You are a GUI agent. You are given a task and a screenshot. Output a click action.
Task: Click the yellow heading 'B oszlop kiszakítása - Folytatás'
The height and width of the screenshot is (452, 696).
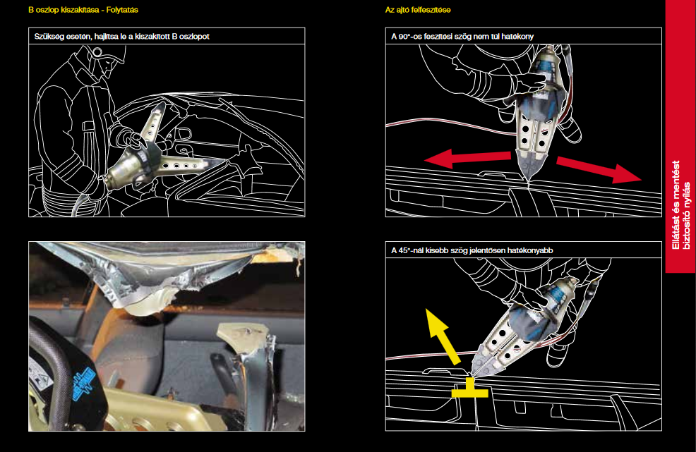[x=83, y=10]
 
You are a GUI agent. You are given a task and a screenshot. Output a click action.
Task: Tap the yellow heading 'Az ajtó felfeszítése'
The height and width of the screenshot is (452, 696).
[x=418, y=10]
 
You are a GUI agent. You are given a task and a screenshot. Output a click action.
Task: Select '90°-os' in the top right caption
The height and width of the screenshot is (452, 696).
[x=409, y=37]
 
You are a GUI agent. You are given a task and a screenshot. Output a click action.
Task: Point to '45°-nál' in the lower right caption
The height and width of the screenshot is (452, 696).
[x=411, y=250]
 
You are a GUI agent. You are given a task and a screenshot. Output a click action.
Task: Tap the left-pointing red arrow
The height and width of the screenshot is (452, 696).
[x=467, y=158]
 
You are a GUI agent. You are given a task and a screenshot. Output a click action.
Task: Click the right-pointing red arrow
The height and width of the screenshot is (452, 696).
[x=599, y=169]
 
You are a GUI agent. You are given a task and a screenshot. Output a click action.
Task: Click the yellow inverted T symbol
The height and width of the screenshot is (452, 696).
[x=469, y=391]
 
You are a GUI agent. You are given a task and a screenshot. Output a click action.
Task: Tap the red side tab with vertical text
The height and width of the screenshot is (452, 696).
[x=680, y=137]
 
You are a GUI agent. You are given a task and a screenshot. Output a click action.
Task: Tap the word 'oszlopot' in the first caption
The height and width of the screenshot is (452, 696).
[x=193, y=37]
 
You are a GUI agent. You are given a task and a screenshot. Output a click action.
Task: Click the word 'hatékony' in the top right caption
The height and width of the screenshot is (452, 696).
[x=517, y=37]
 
